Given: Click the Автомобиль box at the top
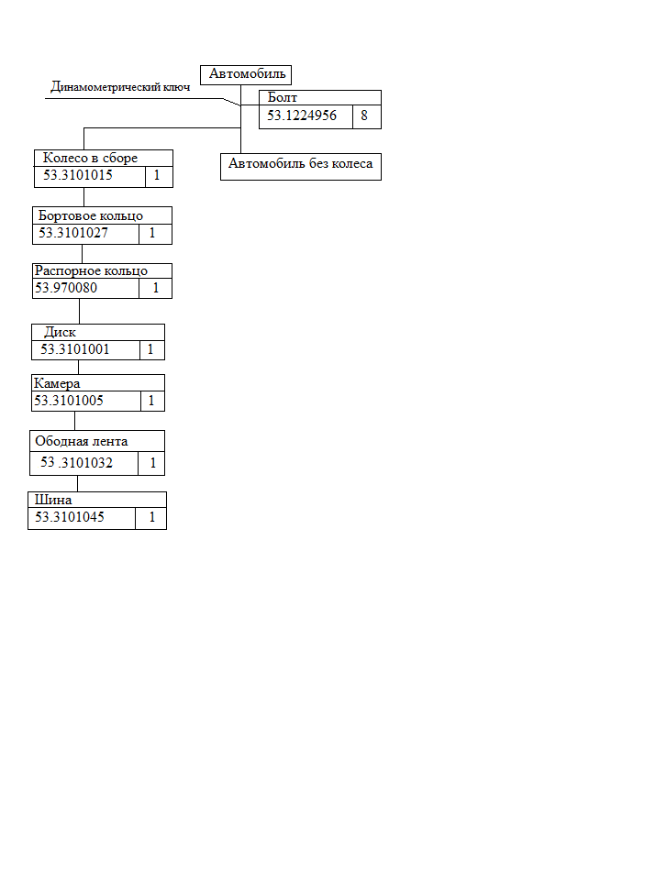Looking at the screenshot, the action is (x=246, y=74).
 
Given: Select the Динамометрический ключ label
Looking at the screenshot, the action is (x=120, y=86).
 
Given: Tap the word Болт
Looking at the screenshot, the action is (x=282, y=97).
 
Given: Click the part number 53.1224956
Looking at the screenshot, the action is (x=302, y=116).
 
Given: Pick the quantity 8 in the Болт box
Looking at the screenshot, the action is (x=364, y=116).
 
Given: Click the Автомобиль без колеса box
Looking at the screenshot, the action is (x=301, y=167).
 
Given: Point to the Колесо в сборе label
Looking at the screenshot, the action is (x=90, y=158).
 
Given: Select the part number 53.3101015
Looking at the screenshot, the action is (x=78, y=175).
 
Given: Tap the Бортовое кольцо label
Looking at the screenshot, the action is (x=91, y=215).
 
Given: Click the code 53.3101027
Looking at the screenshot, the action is (x=73, y=233).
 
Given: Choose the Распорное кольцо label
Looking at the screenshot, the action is (x=91, y=270).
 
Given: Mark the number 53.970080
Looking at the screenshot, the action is (x=66, y=288).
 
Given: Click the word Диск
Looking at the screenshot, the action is (x=60, y=332).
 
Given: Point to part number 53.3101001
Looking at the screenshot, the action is (x=74, y=349).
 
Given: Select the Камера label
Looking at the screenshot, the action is (x=57, y=383).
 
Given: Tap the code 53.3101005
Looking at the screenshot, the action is (x=69, y=401).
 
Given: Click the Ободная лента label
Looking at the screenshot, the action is (x=82, y=441).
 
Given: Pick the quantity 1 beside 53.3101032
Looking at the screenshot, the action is (x=152, y=463).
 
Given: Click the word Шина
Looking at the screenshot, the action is (x=53, y=500).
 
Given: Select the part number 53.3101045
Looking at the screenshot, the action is (x=70, y=517).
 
